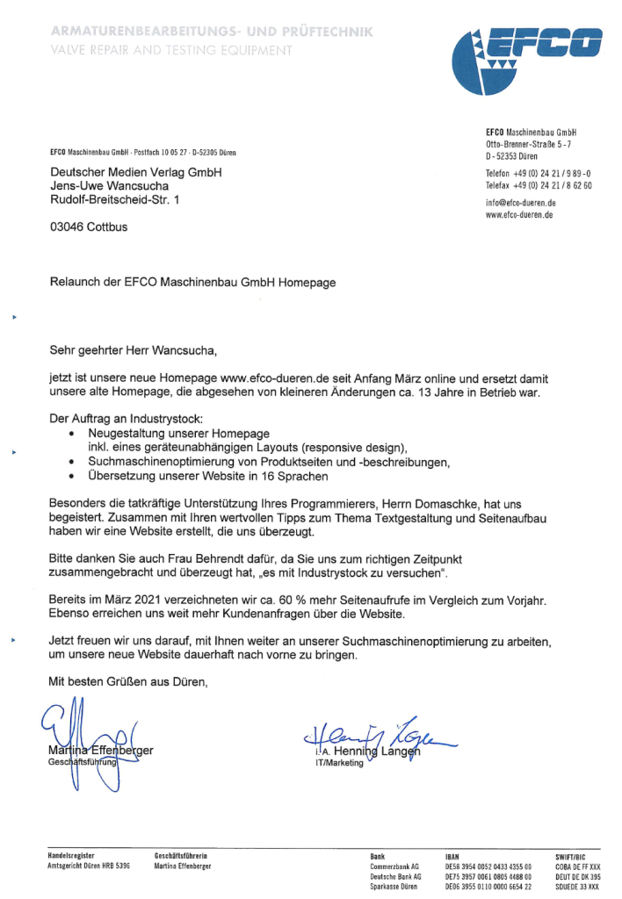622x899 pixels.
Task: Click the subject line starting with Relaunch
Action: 192,283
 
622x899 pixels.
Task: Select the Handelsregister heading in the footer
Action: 71,854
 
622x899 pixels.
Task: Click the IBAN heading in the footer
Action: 454,854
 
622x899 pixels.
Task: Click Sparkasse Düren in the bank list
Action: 394,887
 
